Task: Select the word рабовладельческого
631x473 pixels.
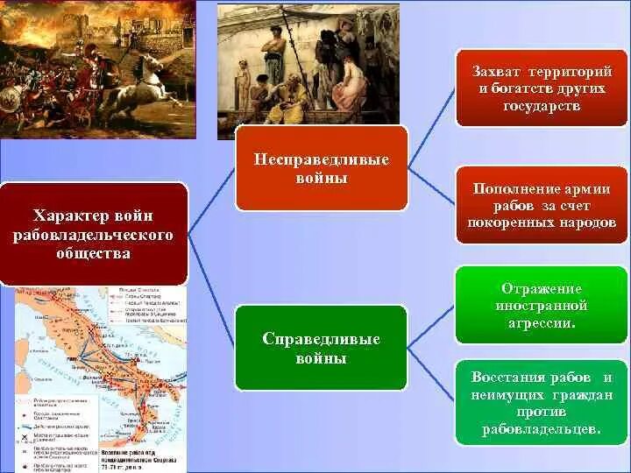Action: point(93,235)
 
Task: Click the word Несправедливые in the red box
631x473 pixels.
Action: point(321,160)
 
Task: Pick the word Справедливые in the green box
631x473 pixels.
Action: point(321,340)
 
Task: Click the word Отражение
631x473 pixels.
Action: point(541,289)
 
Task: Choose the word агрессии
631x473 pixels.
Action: point(540,322)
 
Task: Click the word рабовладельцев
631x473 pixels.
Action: point(541,429)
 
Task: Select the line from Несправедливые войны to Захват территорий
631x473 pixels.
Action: point(431,131)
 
